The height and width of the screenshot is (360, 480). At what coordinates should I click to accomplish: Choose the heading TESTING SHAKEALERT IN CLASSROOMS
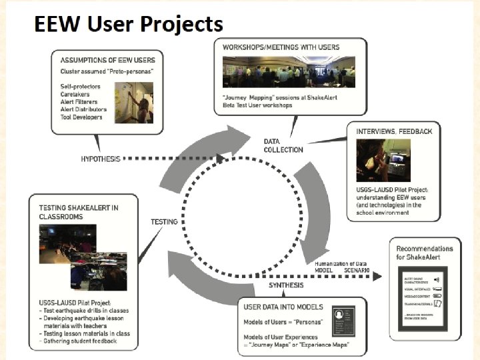click(78, 212)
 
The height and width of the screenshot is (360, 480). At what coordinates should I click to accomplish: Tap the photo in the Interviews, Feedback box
click(392, 160)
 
